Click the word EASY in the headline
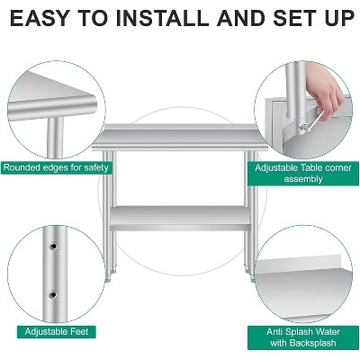(40, 18)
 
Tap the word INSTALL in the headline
(162, 18)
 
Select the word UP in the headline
(336, 18)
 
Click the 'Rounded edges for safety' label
(56, 167)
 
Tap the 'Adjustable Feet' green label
(57, 331)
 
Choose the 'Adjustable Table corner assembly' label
(303, 173)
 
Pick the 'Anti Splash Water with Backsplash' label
(303, 337)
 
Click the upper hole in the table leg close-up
(53, 247)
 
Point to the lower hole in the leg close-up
(53, 295)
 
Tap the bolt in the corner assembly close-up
(303, 127)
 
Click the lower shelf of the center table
(179, 218)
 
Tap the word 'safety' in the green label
(96, 167)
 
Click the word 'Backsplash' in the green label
(303, 343)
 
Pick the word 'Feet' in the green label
(78, 331)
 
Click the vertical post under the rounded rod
(56, 137)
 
